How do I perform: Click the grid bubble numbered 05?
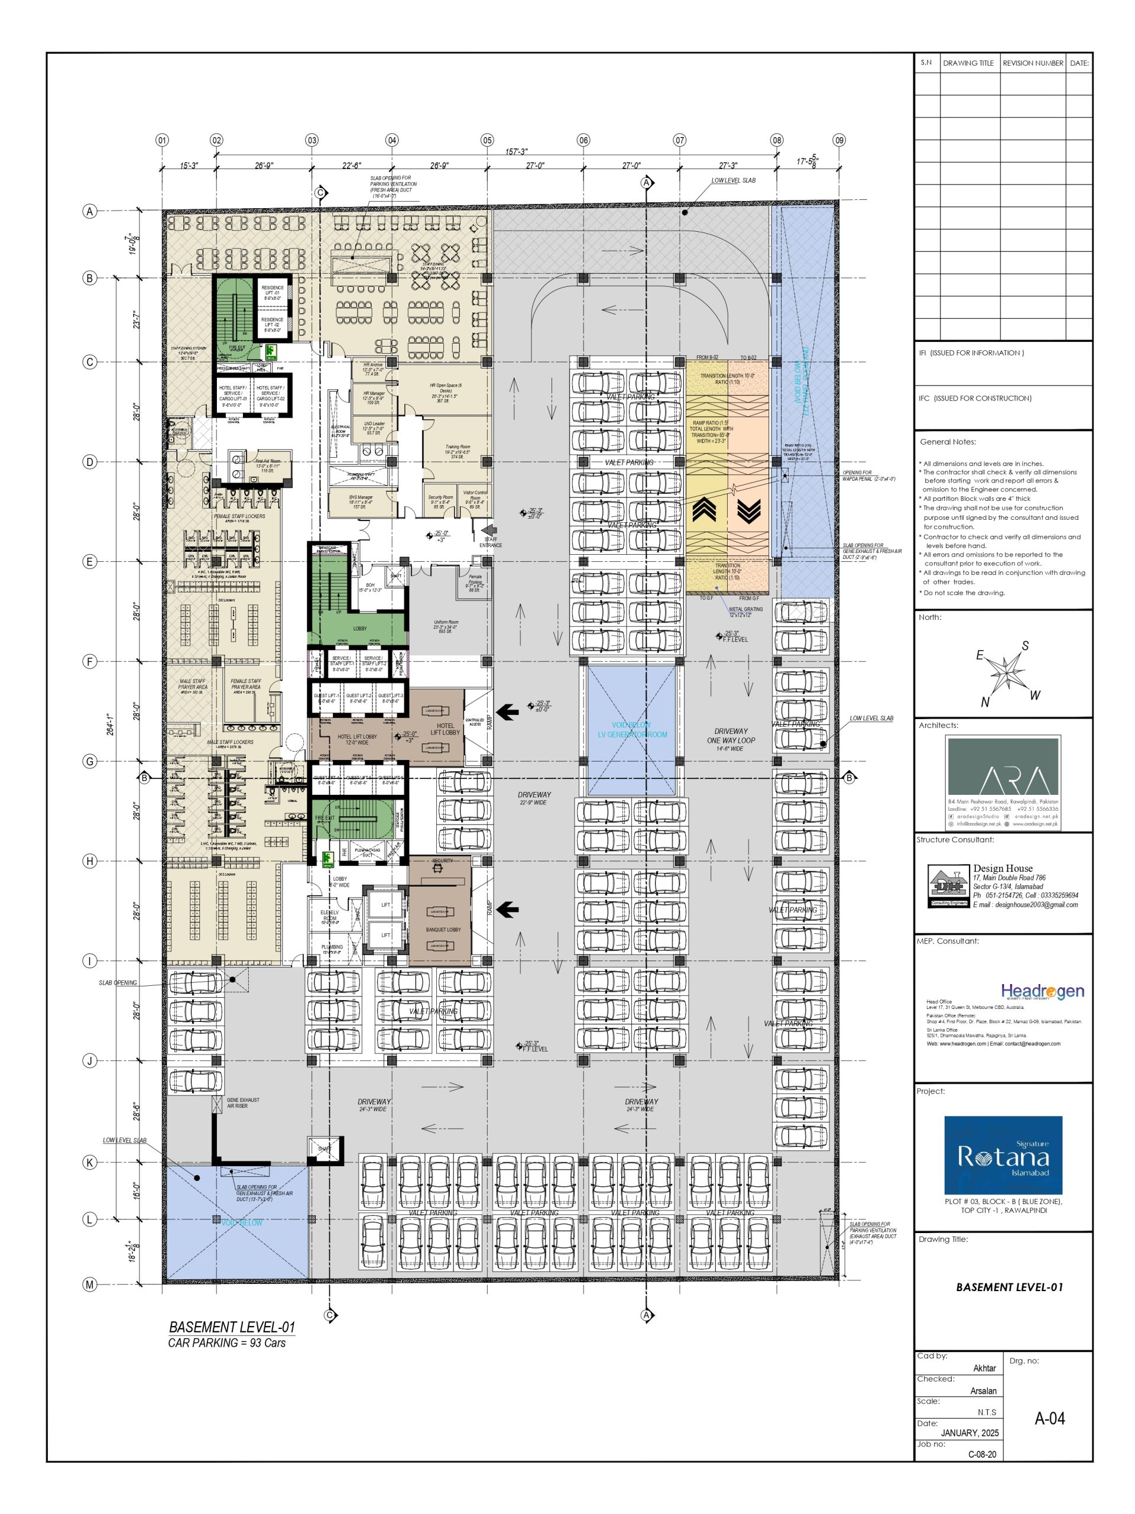click(x=487, y=140)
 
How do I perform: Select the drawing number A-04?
click(x=1049, y=1419)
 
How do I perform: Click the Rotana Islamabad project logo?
click(x=1003, y=1156)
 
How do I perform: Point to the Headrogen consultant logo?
click(x=1042, y=991)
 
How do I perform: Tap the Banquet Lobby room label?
click(x=443, y=930)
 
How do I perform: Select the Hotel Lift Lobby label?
click(x=445, y=729)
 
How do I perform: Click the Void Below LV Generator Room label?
click(x=631, y=730)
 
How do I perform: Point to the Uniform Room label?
click(x=445, y=626)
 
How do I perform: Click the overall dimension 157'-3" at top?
click(x=517, y=152)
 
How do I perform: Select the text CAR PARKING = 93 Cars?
click(x=226, y=1343)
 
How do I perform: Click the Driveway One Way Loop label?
click(x=731, y=739)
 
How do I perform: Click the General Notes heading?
click(x=948, y=442)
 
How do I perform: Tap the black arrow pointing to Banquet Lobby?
click(x=507, y=910)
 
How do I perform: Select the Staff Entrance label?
click(x=491, y=542)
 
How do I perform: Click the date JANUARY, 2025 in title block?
click(x=969, y=1432)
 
